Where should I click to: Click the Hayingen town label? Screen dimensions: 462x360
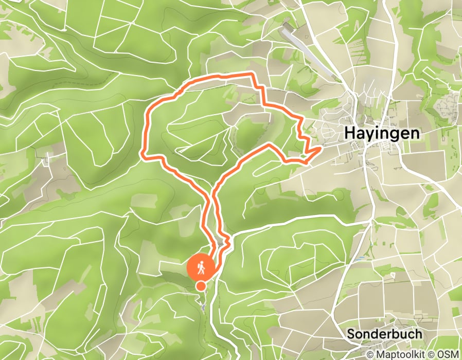tap(381, 133)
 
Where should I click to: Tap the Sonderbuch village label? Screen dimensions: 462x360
tap(384, 333)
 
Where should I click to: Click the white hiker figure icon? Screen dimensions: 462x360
tap(201, 267)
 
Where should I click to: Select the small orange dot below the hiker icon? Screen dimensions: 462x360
tap(201, 285)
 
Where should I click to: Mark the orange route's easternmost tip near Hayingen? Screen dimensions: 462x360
tap(321, 148)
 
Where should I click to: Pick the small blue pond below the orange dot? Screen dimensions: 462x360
tap(204, 307)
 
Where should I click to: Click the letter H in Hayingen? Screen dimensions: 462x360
tap(349, 133)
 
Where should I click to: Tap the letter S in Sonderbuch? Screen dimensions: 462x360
tap(351, 333)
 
